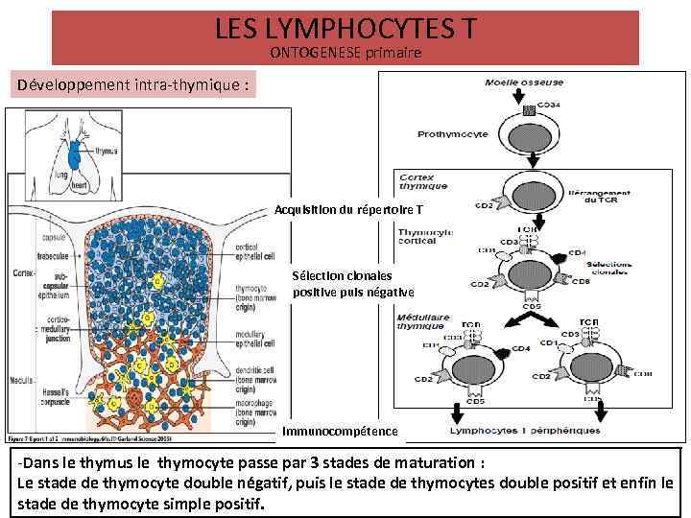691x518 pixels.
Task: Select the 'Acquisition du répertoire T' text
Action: pos(347,209)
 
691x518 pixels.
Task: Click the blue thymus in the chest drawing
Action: pos(74,153)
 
